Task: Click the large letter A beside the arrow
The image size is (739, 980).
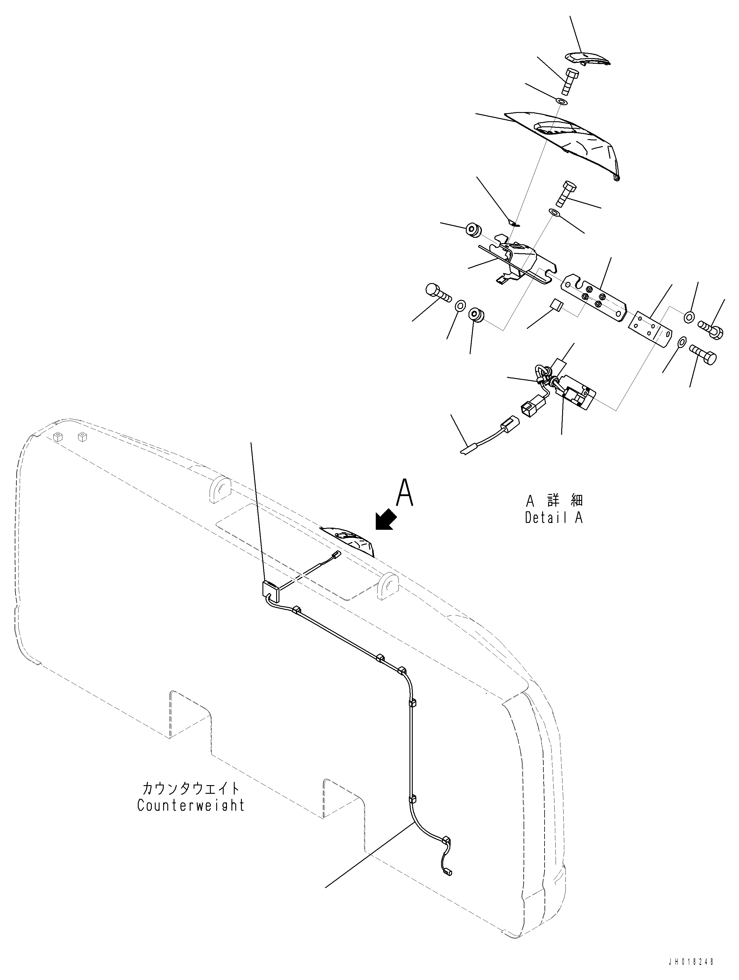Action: tap(404, 493)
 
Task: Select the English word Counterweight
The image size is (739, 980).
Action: tap(191, 805)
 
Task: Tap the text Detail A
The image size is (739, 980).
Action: tap(554, 518)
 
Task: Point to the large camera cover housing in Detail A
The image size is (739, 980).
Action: tap(572, 142)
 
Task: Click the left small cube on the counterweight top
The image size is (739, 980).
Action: tap(57, 437)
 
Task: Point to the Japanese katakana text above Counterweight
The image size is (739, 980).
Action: tap(191, 788)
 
